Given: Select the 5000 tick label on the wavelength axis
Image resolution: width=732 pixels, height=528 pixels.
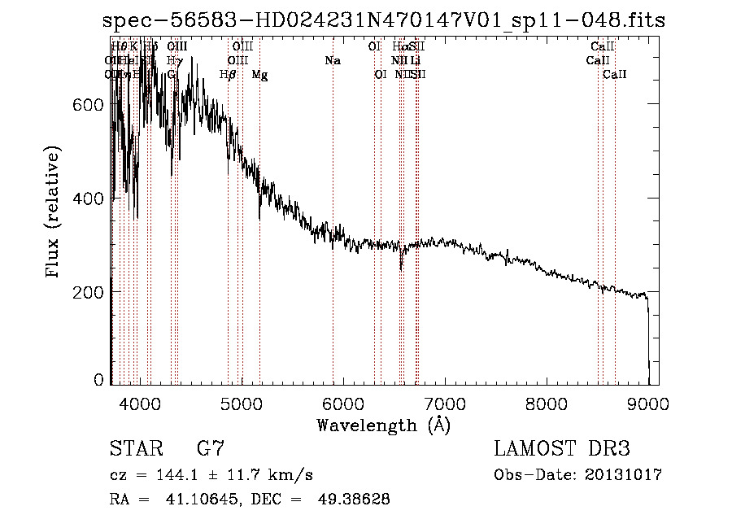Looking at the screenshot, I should [x=241, y=402].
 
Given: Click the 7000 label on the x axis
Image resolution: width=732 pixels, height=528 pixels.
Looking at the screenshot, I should [x=445, y=402].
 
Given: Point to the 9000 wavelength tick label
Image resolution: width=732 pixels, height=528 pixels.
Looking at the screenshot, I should [x=648, y=402].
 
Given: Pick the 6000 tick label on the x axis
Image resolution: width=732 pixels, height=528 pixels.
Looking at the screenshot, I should [x=342, y=402].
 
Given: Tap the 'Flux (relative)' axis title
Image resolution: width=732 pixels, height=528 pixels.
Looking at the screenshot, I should [x=54, y=213].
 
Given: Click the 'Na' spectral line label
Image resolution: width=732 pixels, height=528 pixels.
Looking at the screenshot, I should [x=332, y=61].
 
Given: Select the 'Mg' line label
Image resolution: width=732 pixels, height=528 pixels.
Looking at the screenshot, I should [x=259, y=75].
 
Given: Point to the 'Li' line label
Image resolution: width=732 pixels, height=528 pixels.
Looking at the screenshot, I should [x=415, y=61].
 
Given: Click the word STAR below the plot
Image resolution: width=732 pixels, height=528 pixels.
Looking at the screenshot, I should [x=135, y=449].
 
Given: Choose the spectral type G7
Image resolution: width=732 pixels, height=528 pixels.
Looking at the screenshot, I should [x=211, y=449].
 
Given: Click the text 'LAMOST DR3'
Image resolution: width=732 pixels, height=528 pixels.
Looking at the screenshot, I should [x=562, y=449].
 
